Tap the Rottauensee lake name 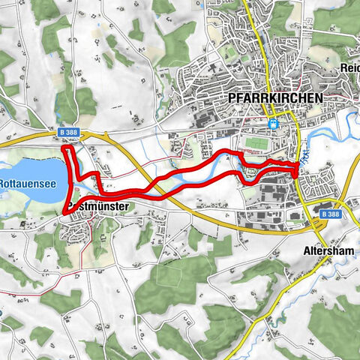pos(23,181)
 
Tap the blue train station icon pos(274,124)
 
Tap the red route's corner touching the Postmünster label pos(67,212)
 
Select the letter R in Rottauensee pos(3,181)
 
